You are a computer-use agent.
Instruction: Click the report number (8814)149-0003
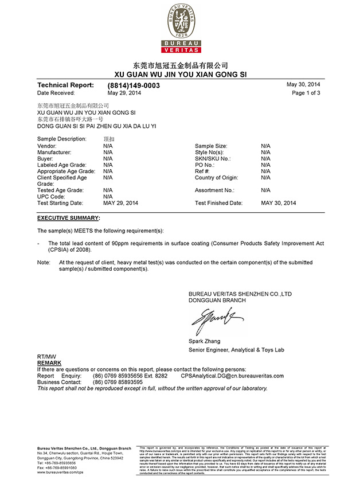(x=134, y=85)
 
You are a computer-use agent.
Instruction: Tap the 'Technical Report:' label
(x=65, y=85)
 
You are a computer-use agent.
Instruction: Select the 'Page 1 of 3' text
(x=306, y=92)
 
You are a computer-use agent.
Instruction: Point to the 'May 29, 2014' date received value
(x=124, y=92)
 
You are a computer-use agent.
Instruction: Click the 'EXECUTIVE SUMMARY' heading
(x=68, y=218)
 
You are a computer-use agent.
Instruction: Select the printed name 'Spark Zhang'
(x=204, y=341)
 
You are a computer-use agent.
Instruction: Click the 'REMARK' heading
(x=49, y=363)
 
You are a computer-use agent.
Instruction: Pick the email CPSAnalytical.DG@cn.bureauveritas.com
(x=232, y=376)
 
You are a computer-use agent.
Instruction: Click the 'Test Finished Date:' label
(x=218, y=203)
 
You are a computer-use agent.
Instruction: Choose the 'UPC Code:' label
(x=52, y=196)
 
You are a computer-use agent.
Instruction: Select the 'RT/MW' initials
(x=46, y=357)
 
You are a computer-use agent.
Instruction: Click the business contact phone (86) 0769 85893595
(x=118, y=382)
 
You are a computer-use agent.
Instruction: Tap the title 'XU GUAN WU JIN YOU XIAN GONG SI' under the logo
(x=180, y=75)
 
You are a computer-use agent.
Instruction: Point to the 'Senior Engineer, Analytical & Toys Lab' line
(x=236, y=350)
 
